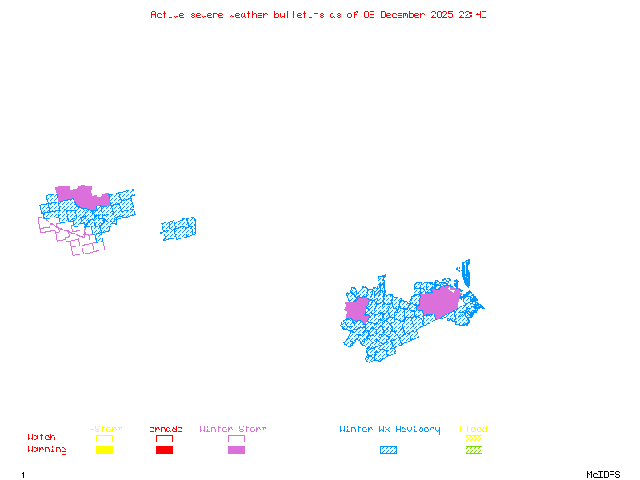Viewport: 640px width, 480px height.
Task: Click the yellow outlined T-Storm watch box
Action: (x=104, y=438)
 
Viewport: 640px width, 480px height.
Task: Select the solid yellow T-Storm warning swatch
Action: (x=104, y=450)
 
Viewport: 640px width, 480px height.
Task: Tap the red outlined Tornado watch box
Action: (x=164, y=438)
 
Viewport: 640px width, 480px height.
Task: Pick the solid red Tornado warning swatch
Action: (x=164, y=450)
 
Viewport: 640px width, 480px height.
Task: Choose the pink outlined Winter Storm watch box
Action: (x=236, y=438)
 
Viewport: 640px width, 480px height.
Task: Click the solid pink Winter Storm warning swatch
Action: (x=236, y=450)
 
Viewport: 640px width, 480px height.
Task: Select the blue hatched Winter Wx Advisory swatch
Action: (x=388, y=450)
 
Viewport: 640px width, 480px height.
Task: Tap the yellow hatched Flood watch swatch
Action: (x=474, y=438)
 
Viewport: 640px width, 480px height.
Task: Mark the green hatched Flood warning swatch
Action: (x=474, y=450)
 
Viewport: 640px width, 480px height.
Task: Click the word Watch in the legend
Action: (x=42, y=438)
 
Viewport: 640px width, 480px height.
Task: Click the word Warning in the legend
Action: (x=47, y=450)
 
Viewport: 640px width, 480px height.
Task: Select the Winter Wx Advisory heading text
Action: (x=390, y=430)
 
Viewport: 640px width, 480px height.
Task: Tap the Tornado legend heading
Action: (x=163, y=430)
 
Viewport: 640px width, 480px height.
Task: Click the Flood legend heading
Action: (x=474, y=430)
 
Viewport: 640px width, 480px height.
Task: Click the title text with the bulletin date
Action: (x=318, y=14)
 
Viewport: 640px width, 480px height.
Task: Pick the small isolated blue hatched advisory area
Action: (x=178, y=229)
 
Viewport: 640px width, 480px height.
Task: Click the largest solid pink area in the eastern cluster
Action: (x=438, y=302)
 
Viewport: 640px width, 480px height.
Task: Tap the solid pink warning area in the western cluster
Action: (x=82, y=195)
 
